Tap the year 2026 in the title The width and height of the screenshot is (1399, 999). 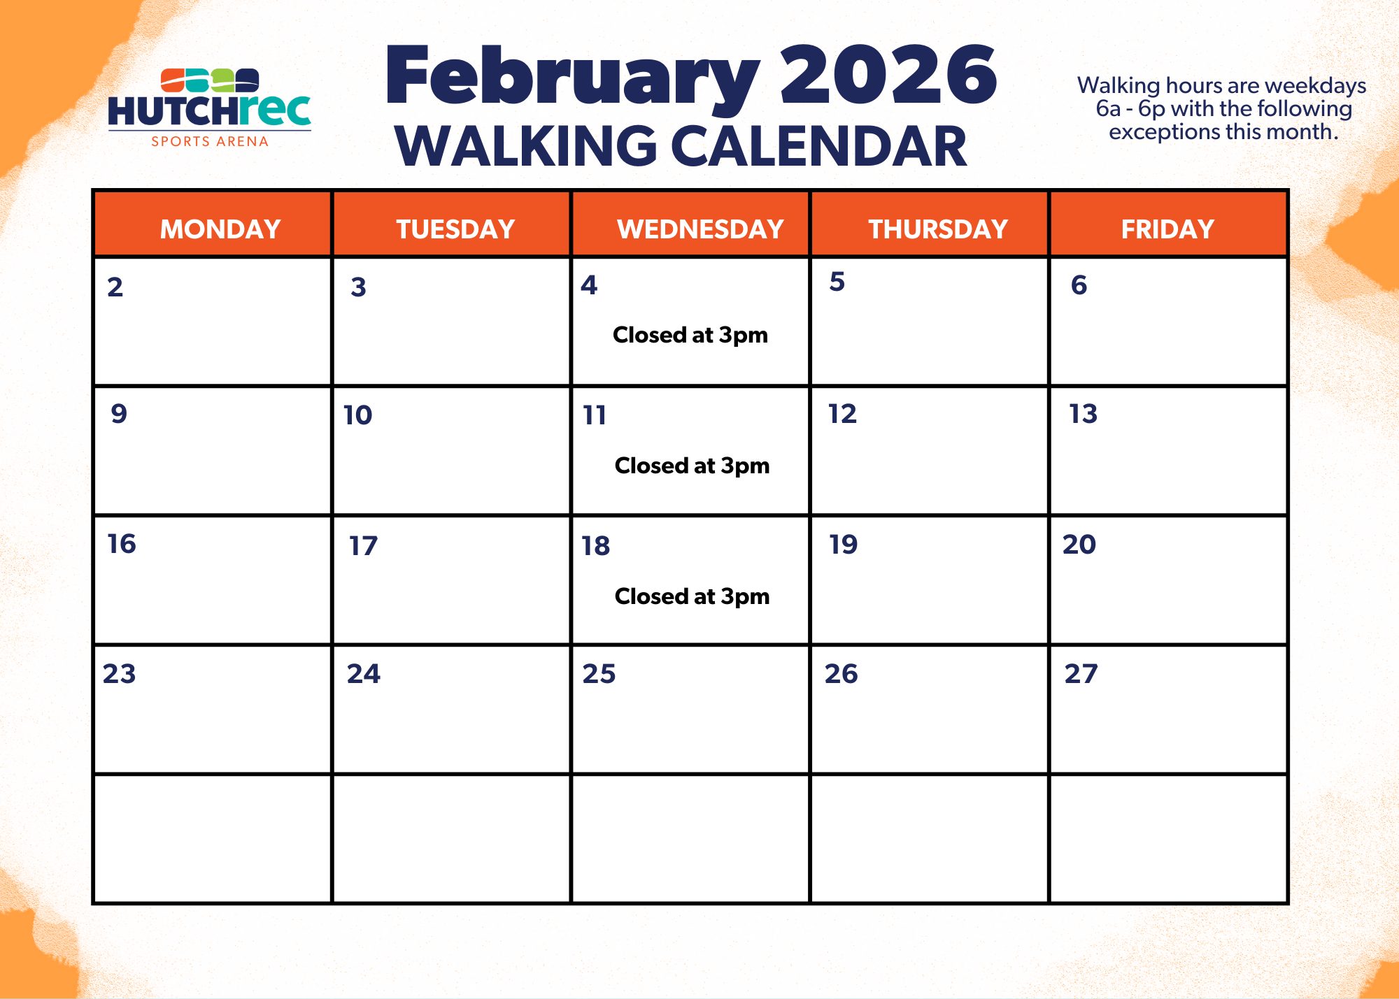[888, 74]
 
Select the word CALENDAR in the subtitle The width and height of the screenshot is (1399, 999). [818, 146]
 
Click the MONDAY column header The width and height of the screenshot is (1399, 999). [220, 229]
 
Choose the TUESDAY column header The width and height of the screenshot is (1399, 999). [455, 229]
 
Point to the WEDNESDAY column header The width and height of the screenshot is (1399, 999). [700, 229]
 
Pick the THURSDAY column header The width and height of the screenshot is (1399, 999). [938, 229]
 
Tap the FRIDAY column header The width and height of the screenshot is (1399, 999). [1167, 229]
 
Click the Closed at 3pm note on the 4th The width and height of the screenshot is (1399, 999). [690, 336]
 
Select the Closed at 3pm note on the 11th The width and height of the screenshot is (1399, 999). [692, 466]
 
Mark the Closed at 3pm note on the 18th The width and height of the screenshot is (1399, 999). [692, 597]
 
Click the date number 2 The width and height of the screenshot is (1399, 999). [115, 287]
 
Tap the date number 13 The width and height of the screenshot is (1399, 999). [1083, 414]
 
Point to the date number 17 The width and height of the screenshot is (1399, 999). [364, 546]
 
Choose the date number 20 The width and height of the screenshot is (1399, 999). [1079, 545]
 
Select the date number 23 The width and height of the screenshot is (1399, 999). [120, 674]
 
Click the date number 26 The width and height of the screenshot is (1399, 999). [841, 674]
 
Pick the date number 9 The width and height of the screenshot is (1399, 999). [119, 414]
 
